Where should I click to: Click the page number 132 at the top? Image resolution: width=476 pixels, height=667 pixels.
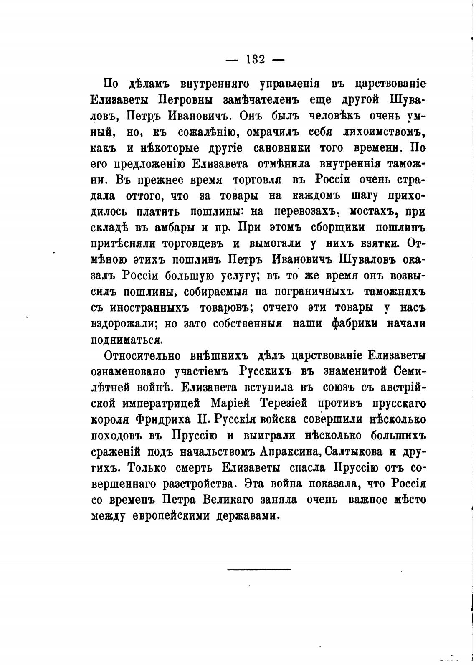click(255, 59)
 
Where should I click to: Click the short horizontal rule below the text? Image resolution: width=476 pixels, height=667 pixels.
click(259, 569)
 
